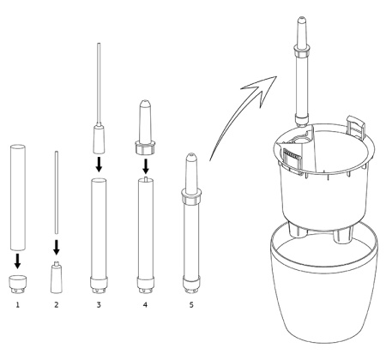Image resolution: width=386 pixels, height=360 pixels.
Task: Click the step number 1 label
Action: pyautogui.click(x=17, y=305)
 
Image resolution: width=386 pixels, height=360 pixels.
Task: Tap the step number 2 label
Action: pyautogui.click(x=57, y=305)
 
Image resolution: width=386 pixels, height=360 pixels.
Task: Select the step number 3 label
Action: pyautogui.click(x=99, y=305)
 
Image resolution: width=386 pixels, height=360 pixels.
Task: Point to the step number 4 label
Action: pyautogui.click(x=145, y=305)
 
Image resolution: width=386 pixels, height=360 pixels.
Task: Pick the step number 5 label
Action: pyautogui.click(x=191, y=305)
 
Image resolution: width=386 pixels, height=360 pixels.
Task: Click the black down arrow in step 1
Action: pyautogui.click(x=18, y=261)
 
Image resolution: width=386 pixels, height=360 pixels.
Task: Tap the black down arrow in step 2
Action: pyautogui.click(x=57, y=247)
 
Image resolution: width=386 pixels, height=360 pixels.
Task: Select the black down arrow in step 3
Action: pyautogui.click(x=99, y=164)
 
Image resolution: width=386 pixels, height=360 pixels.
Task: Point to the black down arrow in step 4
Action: pyautogui.click(x=146, y=166)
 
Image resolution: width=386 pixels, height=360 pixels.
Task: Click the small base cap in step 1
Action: pyautogui.click(x=17, y=284)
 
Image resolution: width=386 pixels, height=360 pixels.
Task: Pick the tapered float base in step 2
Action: pyautogui.click(x=57, y=278)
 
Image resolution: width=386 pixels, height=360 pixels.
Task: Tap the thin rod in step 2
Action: pyautogui.click(x=57, y=193)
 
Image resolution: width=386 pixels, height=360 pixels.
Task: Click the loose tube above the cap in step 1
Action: pyautogui.click(x=18, y=197)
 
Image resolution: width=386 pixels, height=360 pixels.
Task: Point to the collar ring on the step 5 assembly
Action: pyautogui.click(x=191, y=196)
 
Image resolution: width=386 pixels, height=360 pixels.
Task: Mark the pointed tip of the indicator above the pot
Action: pyautogui.click(x=301, y=18)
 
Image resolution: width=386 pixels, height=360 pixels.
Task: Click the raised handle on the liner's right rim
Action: pyautogui.click(x=355, y=127)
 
